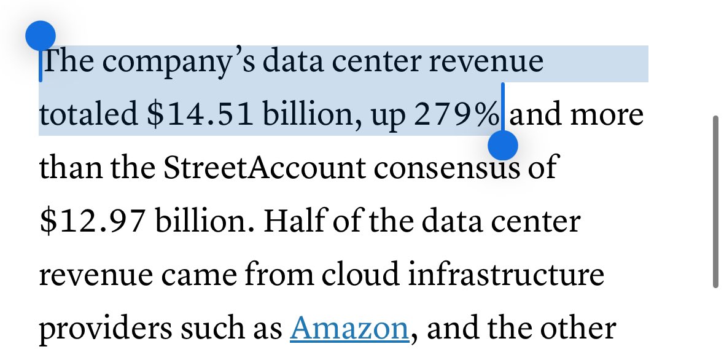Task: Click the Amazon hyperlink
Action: pos(349,329)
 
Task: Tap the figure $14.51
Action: pos(200,115)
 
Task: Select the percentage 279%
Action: pos(456,115)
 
